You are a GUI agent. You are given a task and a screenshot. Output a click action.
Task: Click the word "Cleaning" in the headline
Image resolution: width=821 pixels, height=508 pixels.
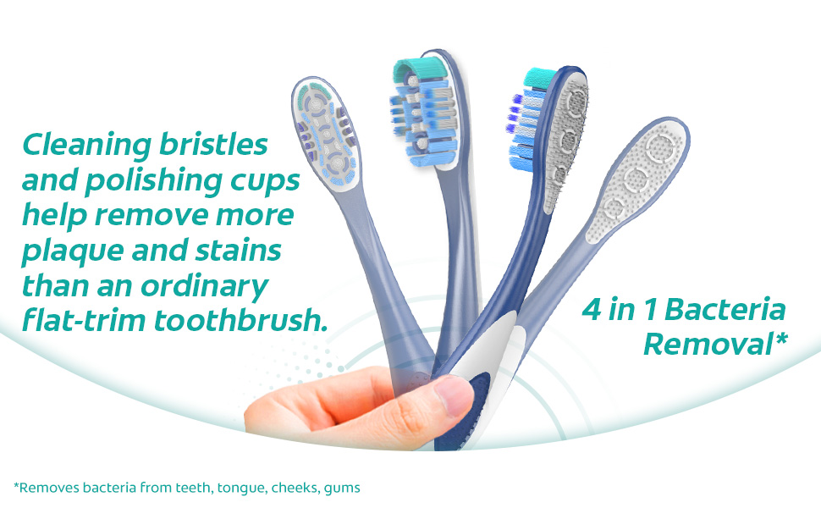pyautogui.click(x=87, y=146)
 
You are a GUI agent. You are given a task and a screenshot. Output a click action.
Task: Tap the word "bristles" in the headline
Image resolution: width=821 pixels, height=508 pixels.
pyautogui.click(x=213, y=144)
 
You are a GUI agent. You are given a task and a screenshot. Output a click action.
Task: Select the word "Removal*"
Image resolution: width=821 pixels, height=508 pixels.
pyautogui.click(x=715, y=344)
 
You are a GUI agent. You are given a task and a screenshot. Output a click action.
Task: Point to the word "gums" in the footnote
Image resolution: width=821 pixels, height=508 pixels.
pyautogui.click(x=342, y=489)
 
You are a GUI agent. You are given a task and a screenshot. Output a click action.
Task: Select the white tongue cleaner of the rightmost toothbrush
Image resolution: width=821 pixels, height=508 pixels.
pyautogui.click(x=637, y=179)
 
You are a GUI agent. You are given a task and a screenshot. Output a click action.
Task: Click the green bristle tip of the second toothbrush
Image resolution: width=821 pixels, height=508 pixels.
pyautogui.click(x=419, y=70)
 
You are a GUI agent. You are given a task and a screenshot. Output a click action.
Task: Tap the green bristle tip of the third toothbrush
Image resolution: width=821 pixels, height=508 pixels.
pyautogui.click(x=540, y=78)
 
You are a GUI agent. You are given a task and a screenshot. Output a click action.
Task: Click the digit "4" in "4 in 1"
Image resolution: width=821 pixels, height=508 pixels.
pyautogui.click(x=592, y=309)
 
